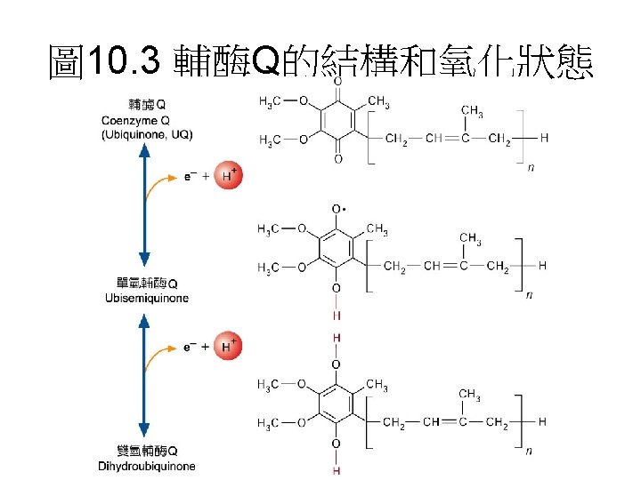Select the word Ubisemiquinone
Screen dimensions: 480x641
click(147, 298)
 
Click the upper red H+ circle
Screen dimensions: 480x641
click(229, 176)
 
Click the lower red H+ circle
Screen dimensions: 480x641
click(229, 346)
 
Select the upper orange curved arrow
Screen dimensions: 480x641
click(163, 187)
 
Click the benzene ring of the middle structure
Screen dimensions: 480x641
click(337, 248)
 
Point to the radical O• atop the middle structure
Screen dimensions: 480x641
click(337, 210)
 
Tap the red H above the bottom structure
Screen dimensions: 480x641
click(337, 338)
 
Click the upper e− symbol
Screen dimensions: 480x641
click(188, 176)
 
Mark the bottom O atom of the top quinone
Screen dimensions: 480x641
click(337, 160)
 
